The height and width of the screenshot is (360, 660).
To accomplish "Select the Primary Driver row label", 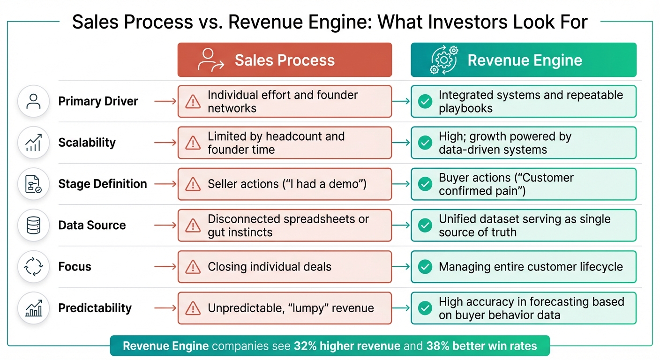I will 98,101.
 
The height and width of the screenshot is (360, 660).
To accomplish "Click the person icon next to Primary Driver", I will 33,101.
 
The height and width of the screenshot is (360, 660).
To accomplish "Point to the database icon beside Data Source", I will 33,225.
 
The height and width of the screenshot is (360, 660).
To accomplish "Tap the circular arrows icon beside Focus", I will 33,267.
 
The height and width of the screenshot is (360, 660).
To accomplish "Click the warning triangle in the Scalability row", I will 193,143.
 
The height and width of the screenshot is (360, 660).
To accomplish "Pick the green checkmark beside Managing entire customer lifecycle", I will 425,267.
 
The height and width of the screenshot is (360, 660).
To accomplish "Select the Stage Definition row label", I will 102,184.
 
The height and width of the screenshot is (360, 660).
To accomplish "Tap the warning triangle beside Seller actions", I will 193,184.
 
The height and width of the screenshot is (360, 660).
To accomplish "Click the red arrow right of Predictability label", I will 165,308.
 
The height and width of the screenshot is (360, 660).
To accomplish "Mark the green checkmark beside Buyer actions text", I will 425,184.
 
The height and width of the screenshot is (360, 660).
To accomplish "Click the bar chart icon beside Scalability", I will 33,143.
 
